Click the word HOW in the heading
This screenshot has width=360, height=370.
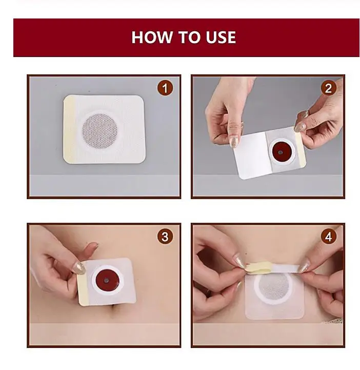[152, 37]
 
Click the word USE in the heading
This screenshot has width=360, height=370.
[221, 37]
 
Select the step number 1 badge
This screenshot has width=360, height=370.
[165, 88]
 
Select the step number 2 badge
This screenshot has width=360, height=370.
[328, 88]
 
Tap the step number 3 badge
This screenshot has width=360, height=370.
[165, 237]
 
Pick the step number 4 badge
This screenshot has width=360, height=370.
[328, 237]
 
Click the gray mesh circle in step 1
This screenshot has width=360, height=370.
[99, 129]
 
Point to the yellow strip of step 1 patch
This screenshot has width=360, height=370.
[70, 129]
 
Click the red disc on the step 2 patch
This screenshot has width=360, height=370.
[281, 152]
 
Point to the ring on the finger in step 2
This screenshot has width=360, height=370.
[305, 115]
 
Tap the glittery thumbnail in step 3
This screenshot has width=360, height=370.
[79, 268]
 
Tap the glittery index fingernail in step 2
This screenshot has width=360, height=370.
[234, 141]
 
